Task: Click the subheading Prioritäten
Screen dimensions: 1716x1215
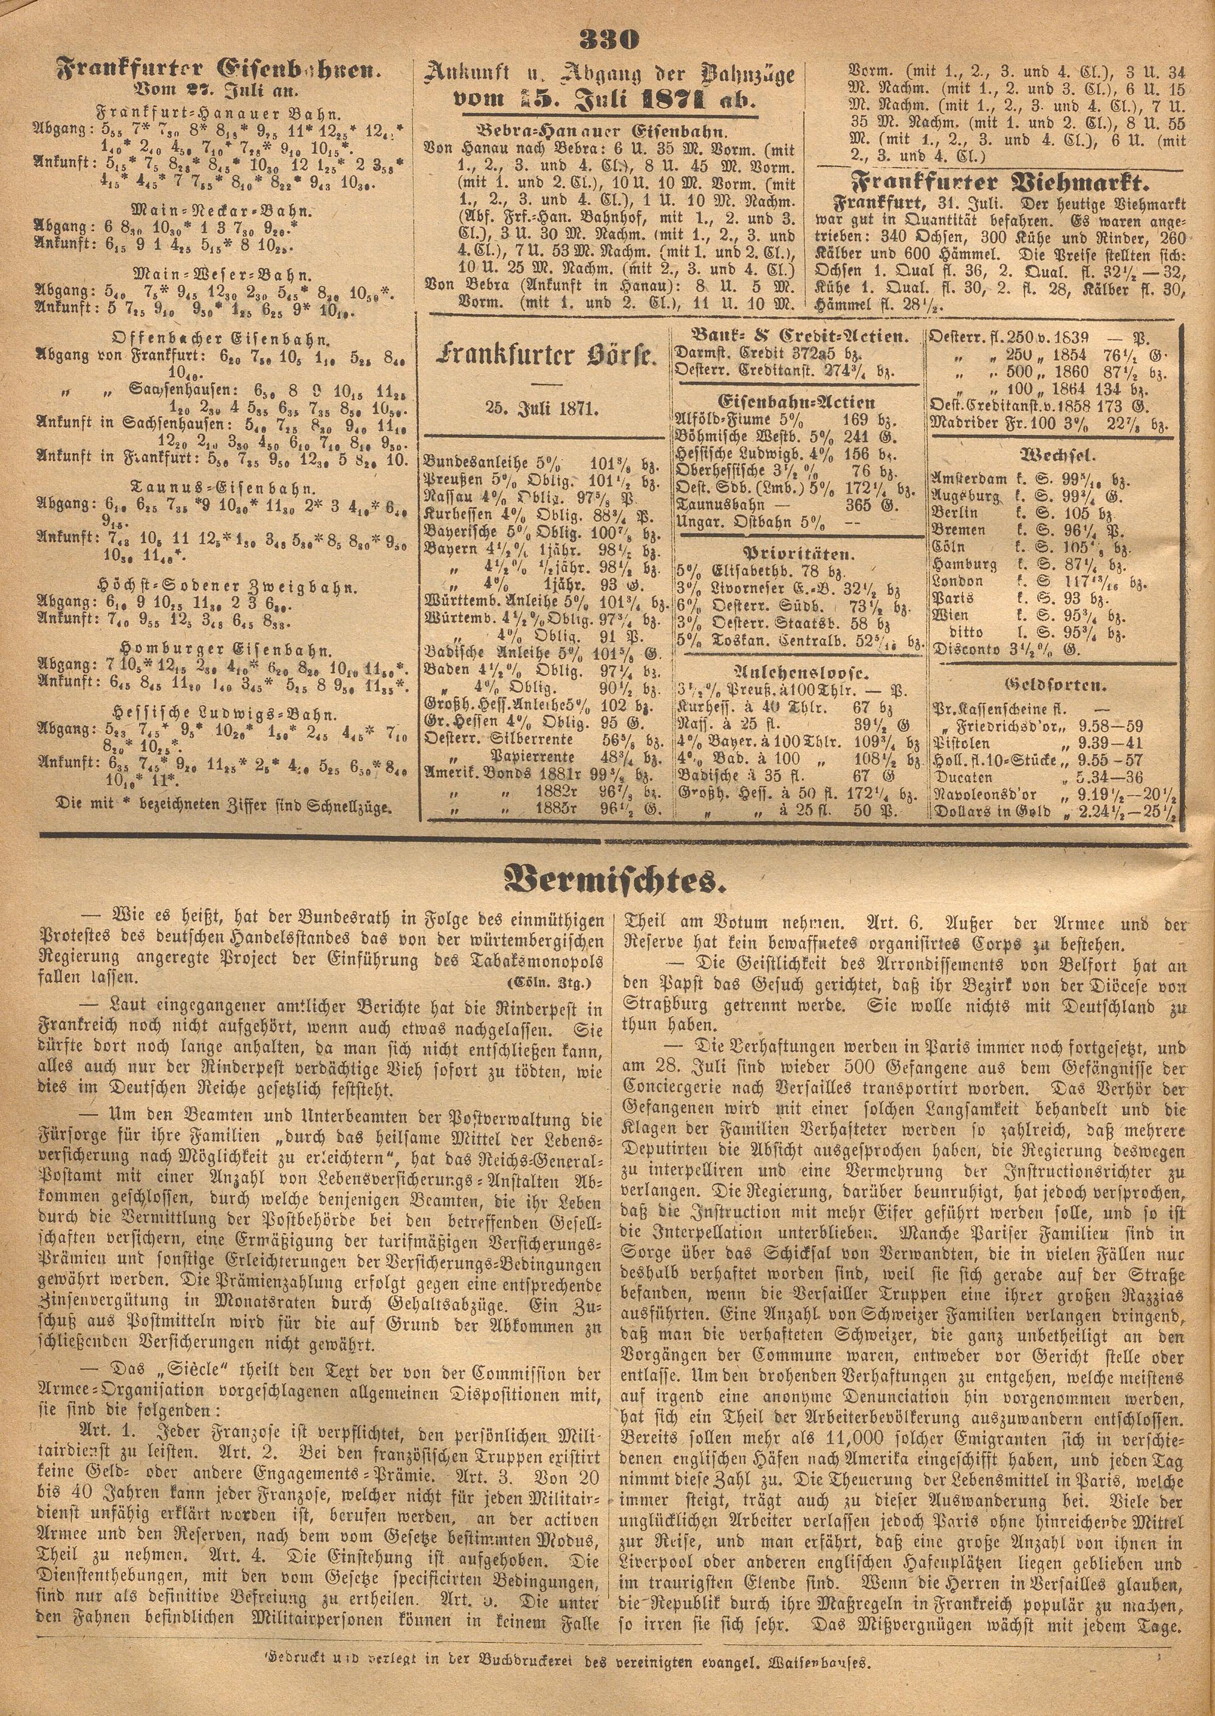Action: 796,555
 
